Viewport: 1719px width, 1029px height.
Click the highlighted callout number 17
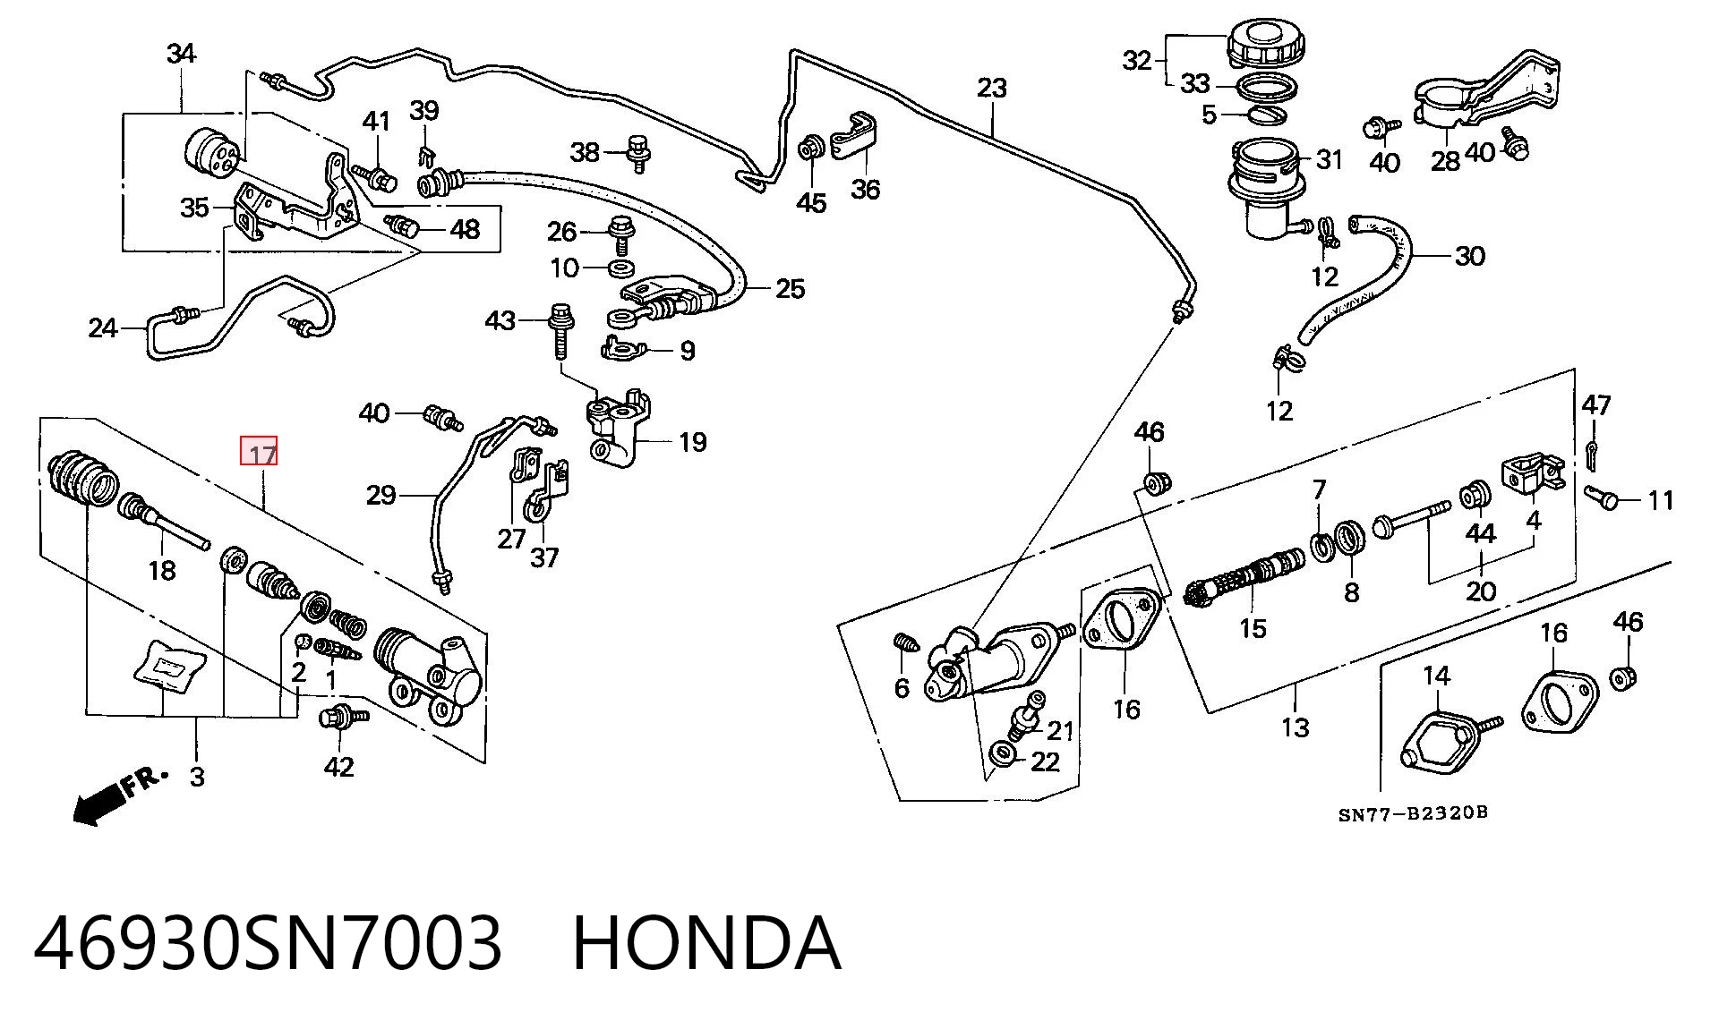pos(260,453)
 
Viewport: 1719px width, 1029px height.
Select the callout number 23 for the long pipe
pos(991,88)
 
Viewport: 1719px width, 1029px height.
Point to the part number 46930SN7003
pos(268,943)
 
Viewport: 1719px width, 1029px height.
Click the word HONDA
pos(706,943)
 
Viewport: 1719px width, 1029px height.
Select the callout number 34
pos(182,54)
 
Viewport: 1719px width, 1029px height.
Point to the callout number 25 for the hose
pos(790,288)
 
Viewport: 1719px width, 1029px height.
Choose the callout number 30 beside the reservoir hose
pos(1470,256)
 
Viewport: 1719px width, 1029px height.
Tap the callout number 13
pos(1296,727)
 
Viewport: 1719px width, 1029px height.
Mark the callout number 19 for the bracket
pos(692,442)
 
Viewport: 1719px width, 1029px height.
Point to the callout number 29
pos(381,494)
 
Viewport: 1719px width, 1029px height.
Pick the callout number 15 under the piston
pos(1253,628)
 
